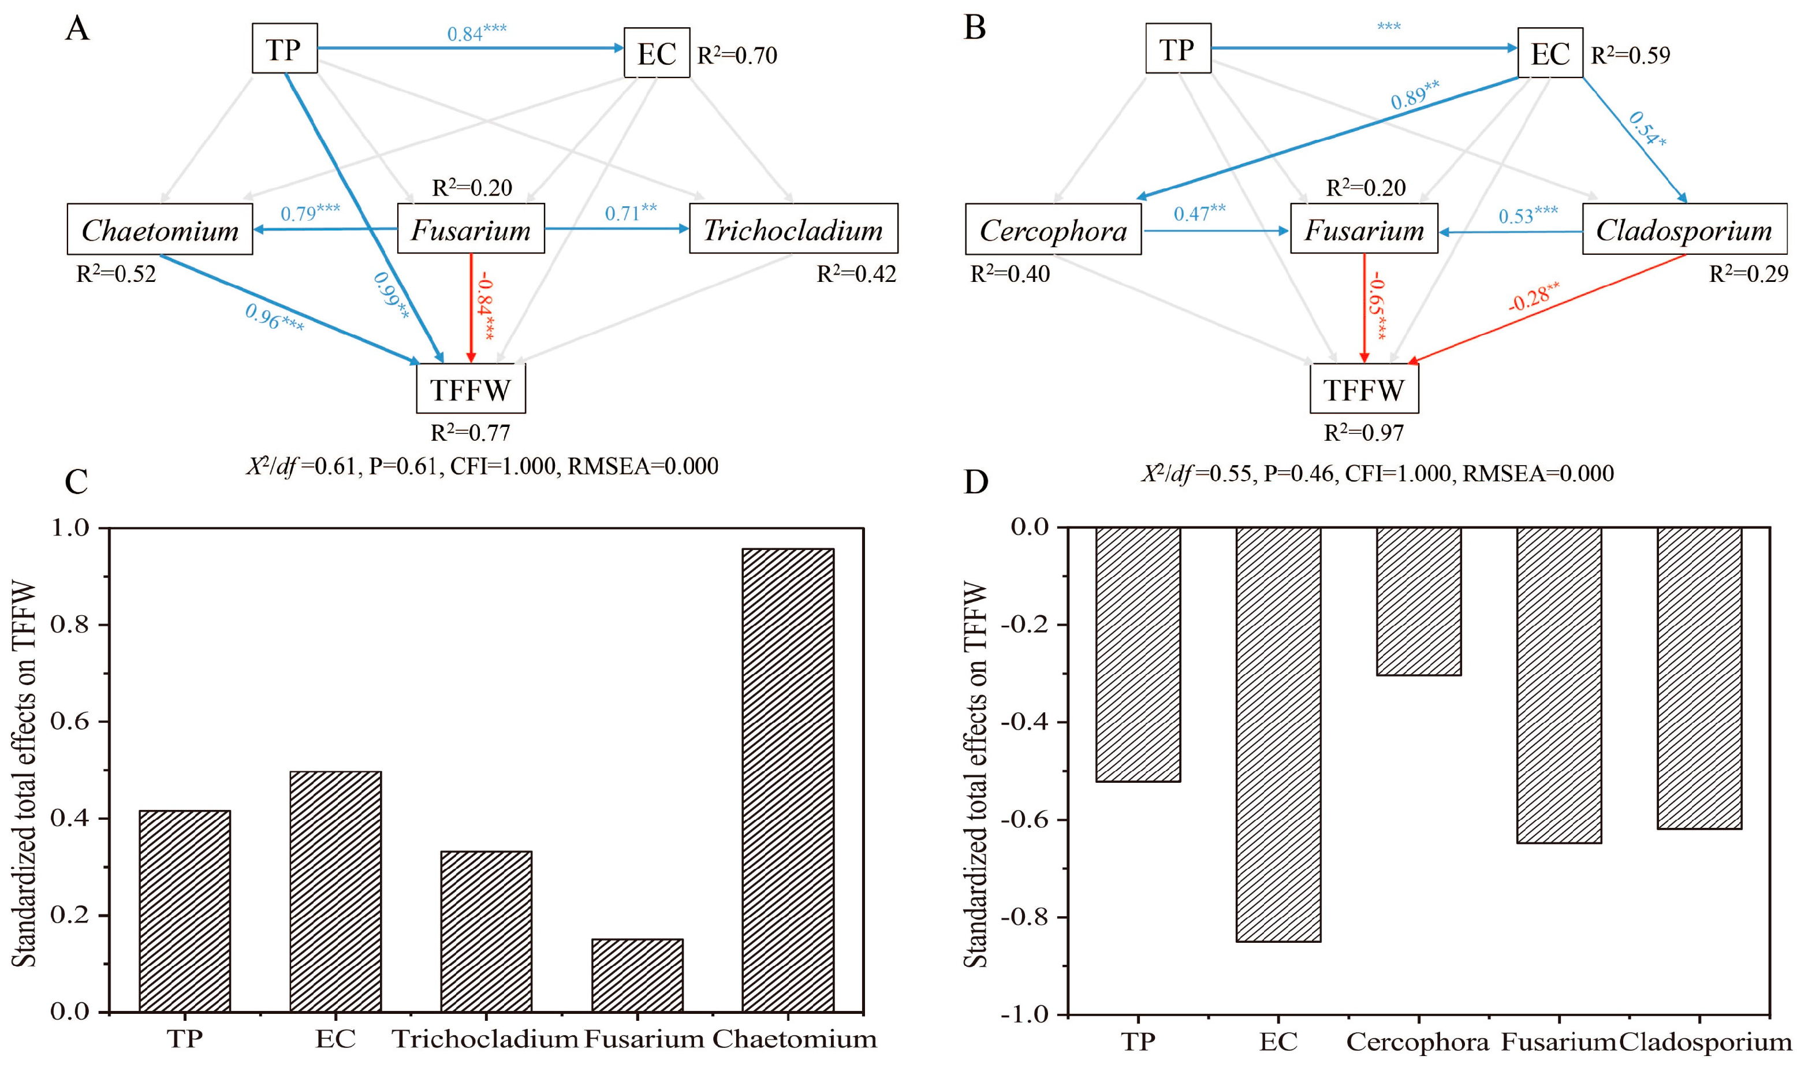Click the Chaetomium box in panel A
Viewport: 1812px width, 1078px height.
pyautogui.click(x=160, y=229)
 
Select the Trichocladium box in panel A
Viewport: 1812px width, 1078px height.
pyautogui.click(x=793, y=229)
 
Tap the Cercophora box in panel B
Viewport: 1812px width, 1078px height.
pyautogui.click(x=1053, y=231)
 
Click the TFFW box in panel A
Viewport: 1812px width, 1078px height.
pyautogui.click(x=471, y=389)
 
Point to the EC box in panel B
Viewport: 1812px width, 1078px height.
pyautogui.click(x=1549, y=53)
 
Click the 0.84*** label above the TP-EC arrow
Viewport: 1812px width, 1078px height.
pyautogui.click(x=476, y=33)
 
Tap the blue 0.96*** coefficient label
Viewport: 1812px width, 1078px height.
pyautogui.click(x=274, y=317)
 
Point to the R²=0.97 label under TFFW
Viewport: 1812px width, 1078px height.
pyautogui.click(x=1363, y=433)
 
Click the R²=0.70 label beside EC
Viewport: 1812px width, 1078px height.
pyautogui.click(x=737, y=55)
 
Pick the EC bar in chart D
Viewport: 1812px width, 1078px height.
pyautogui.click(x=1278, y=734)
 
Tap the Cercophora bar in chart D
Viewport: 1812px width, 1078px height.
pyautogui.click(x=1419, y=601)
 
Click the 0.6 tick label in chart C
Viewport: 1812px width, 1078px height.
pyautogui.click(x=70, y=722)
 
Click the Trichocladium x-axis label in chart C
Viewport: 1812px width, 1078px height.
pyautogui.click(x=485, y=1039)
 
